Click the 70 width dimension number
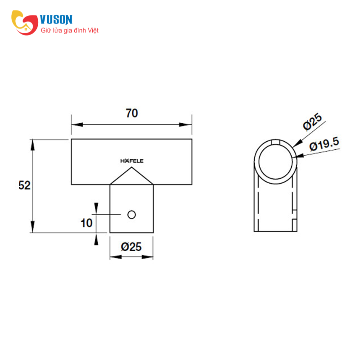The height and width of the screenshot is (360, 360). [x=132, y=113]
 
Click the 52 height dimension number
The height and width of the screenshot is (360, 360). [x=24, y=185]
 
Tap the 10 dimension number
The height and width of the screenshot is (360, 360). [x=86, y=223]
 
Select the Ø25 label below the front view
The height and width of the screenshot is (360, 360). [x=131, y=247]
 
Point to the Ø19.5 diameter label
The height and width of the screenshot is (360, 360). [x=324, y=144]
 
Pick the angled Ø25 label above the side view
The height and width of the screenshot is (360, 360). [x=312, y=122]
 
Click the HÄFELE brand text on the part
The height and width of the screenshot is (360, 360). [x=132, y=161]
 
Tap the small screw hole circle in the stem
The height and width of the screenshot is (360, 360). [x=131, y=215]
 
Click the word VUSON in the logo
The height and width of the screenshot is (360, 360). [x=56, y=20]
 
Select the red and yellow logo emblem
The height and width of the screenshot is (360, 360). [x=25, y=22]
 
